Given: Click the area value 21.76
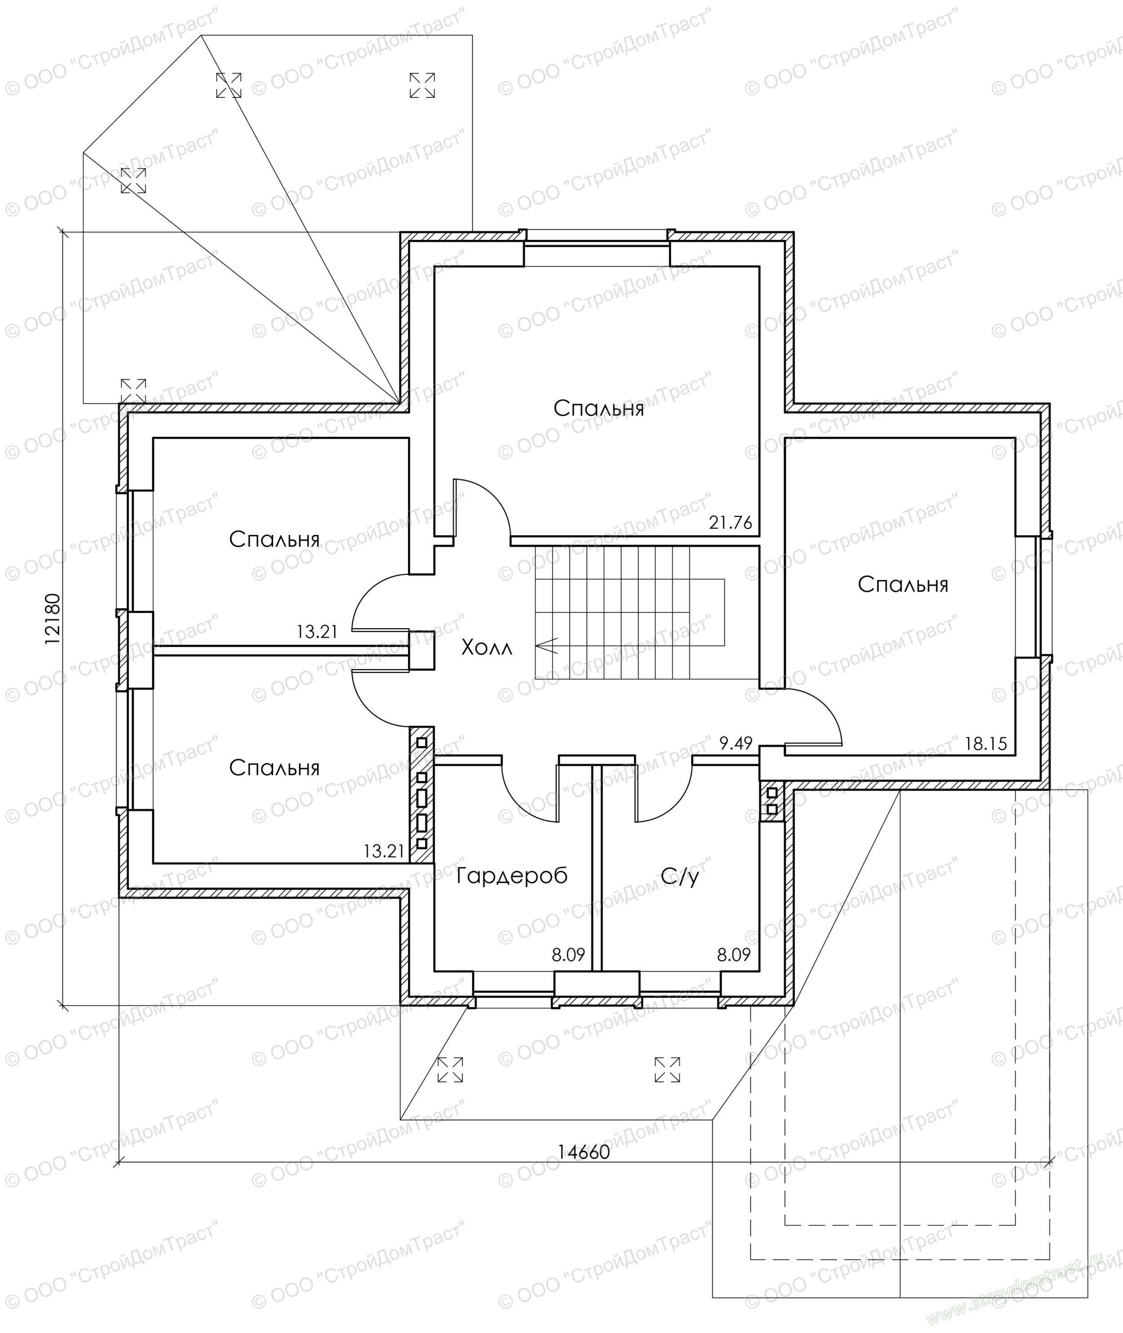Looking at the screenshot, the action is coord(730,523).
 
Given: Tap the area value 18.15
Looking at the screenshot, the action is coord(986,744).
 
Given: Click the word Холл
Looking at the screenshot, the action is coord(486,649).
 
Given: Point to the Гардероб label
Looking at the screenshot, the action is coord(512,876).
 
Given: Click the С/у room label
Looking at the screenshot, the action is coord(680,876).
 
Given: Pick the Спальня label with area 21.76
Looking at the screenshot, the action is coord(598,408).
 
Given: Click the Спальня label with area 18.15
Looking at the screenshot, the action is coord(903,585).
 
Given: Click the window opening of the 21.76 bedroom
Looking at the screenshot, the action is coord(597,242).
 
